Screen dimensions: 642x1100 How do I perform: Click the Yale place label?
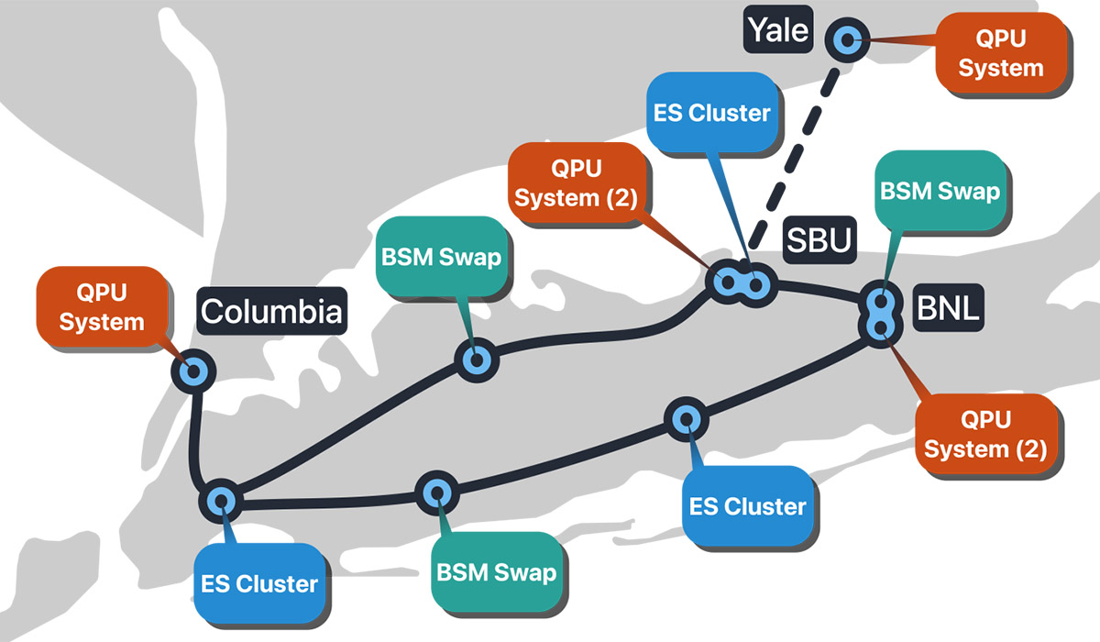click(777, 30)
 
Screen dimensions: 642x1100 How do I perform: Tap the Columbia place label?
click(271, 311)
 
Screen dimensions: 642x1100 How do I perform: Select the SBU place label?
click(818, 239)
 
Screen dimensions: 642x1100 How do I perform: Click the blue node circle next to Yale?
click(846, 39)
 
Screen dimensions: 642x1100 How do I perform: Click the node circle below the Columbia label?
click(194, 371)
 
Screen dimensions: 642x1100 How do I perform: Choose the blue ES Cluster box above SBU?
click(710, 113)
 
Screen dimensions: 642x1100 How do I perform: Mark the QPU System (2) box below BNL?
click(984, 434)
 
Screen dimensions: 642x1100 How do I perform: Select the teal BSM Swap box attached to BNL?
click(939, 192)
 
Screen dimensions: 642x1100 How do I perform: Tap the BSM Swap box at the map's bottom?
click(496, 572)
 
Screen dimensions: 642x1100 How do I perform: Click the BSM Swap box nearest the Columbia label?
click(441, 257)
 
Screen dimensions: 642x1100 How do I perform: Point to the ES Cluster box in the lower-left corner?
click(258, 583)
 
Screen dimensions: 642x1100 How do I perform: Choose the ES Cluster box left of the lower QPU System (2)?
click(747, 506)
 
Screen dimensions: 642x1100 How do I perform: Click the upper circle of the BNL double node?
click(881, 303)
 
